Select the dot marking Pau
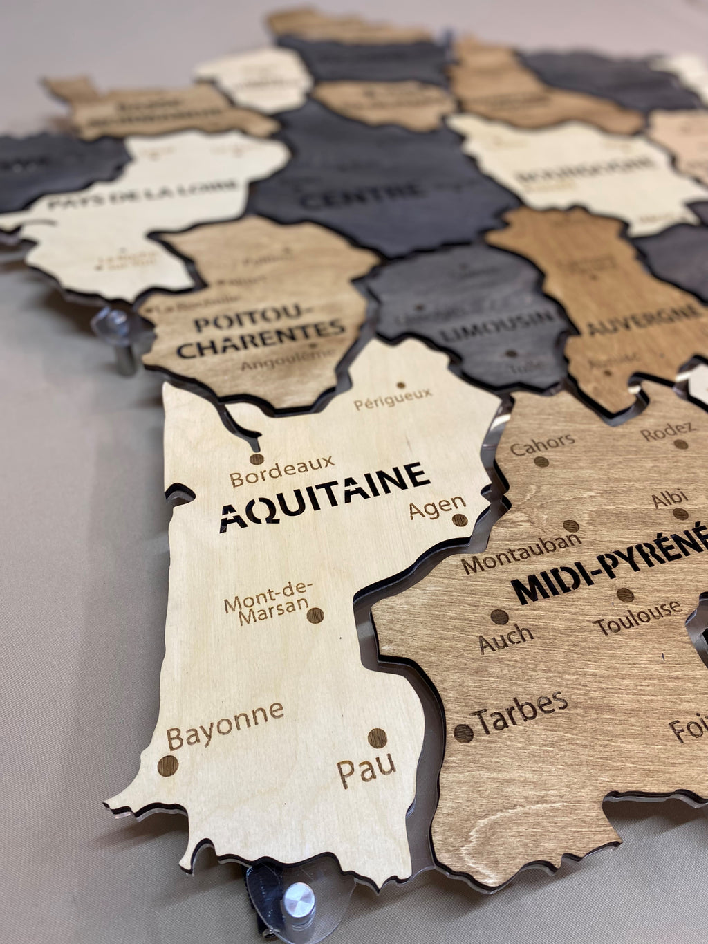377,737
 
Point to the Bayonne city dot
168,766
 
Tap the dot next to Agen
460,519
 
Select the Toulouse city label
637,618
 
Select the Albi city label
669,497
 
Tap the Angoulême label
280,361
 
